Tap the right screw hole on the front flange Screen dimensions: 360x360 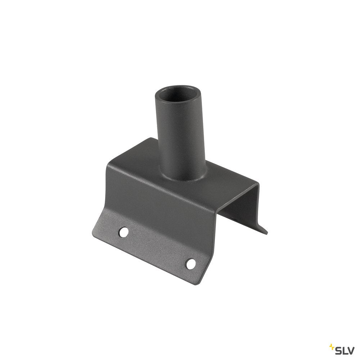coord(190,264)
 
